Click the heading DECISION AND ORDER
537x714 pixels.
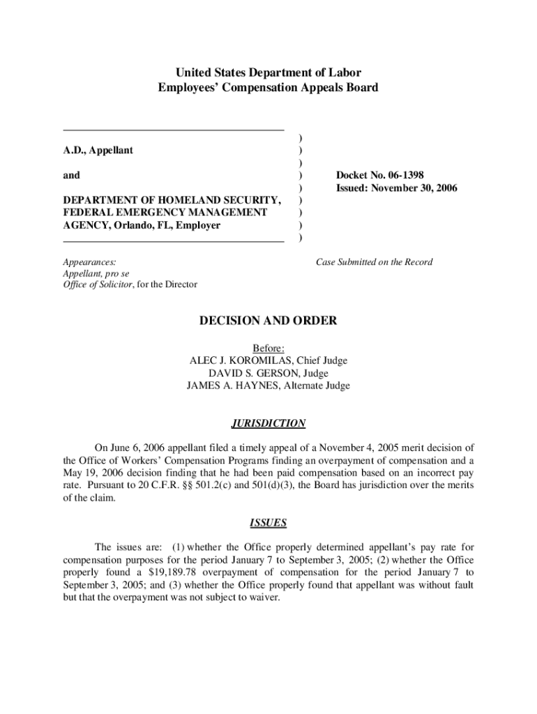point(268,321)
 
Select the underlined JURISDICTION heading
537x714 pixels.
point(268,423)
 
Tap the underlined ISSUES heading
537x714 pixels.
point(268,522)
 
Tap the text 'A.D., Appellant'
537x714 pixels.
point(98,151)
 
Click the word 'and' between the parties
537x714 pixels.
point(71,176)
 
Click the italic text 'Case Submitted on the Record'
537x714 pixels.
point(374,262)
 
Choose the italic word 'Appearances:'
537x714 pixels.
point(90,262)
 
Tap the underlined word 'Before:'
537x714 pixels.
point(268,348)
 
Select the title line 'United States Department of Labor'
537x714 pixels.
point(268,73)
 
